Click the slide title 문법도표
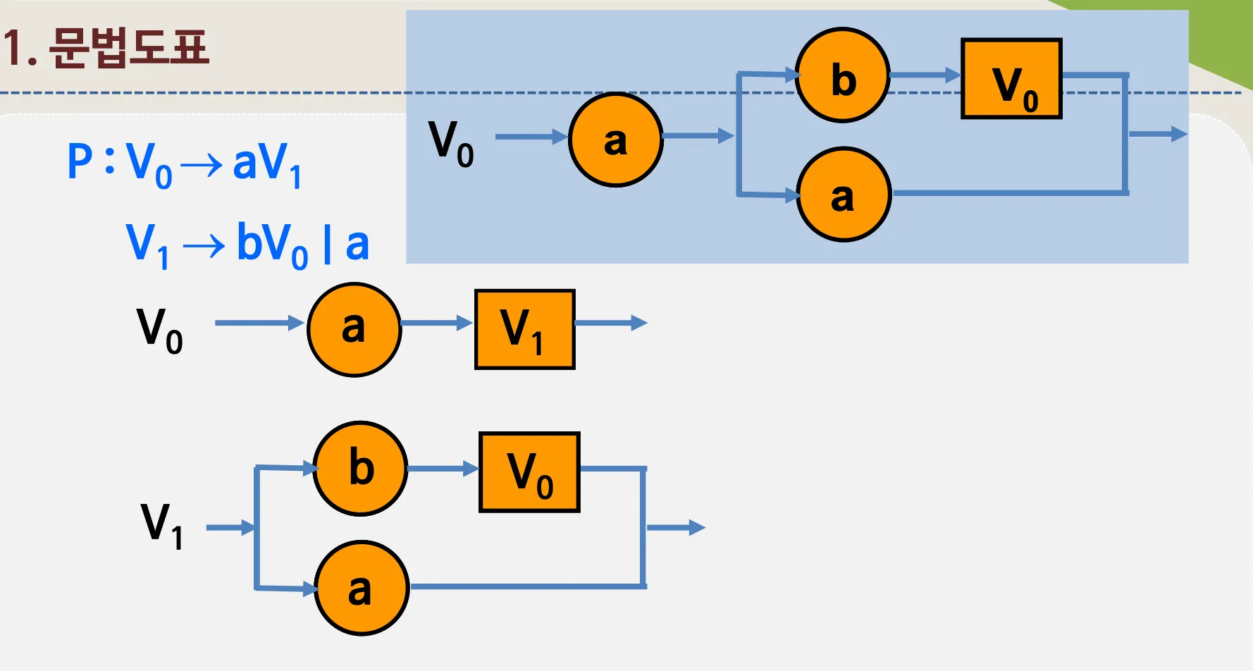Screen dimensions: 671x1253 130,48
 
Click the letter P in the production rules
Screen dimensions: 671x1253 80,161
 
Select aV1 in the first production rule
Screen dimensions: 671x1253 267,164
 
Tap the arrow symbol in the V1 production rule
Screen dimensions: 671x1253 204,246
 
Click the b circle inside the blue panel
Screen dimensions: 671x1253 842,75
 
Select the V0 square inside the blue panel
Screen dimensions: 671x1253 1011,79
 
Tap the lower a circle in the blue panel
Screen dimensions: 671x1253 844,195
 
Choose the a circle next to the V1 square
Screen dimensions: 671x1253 354,329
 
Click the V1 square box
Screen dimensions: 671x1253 525,329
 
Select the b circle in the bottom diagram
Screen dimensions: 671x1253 360,468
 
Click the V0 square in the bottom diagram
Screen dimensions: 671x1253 529,472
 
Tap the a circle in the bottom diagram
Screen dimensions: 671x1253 361,588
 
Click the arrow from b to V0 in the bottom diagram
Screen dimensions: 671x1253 443,469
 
